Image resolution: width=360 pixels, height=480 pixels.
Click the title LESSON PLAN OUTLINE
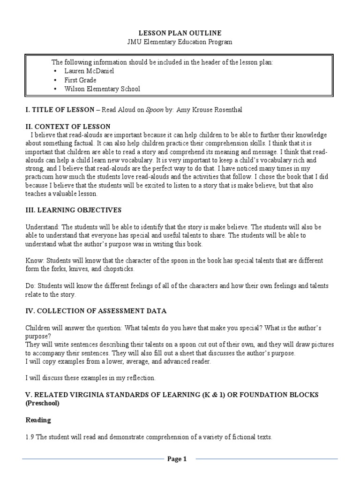(180, 33)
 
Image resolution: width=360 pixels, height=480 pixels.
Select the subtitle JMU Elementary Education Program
(180, 42)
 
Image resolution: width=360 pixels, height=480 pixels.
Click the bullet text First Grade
(81, 80)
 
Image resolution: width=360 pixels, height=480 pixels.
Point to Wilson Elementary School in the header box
(102, 89)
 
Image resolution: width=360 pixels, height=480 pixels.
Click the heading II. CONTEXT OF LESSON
(67, 127)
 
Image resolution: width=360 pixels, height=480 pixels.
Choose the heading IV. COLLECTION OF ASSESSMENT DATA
(96, 311)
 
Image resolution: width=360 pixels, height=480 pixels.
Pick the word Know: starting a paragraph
(34, 260)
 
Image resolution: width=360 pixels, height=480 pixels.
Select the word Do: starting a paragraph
(30, 285)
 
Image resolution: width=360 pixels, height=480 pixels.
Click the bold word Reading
(38, 420)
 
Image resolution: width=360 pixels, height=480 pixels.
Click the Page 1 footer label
(177, 459)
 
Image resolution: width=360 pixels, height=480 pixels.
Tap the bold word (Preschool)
(42, 403)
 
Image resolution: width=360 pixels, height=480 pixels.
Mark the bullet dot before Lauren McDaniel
(55, 71)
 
